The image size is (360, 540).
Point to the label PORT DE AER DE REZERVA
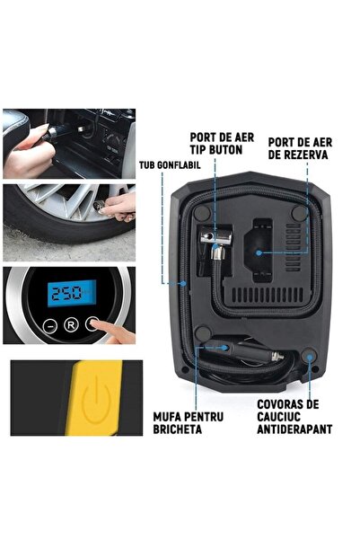point(298,148)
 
